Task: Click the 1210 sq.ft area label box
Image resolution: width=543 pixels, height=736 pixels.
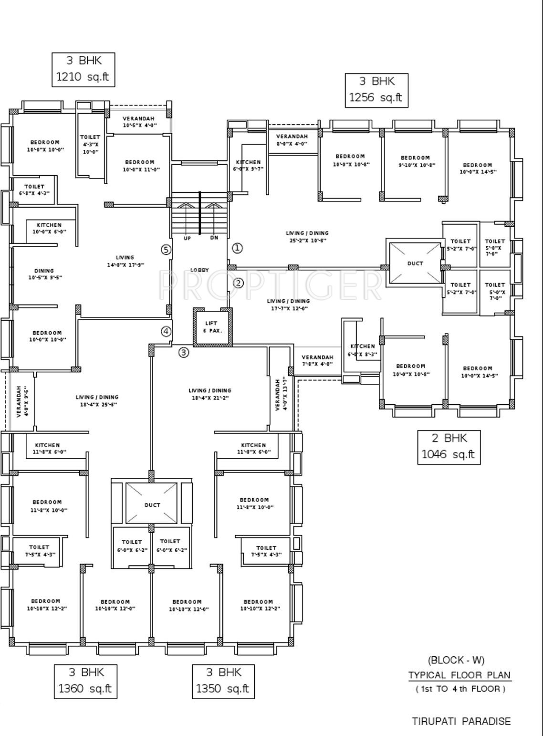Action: (84, 70)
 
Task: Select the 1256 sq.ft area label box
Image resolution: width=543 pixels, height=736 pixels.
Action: (376, 90)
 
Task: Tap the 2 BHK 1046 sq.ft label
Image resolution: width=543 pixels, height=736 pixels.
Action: (449, 447)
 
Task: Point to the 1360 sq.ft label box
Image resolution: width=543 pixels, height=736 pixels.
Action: (85, 681)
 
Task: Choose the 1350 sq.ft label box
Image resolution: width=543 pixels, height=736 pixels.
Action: (223, 681)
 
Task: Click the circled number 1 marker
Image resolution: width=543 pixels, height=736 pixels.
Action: (237, 248)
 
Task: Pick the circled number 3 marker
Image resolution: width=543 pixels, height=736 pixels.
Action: (184, 353)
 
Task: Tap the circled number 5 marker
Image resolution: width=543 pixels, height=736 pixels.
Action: (166, 250)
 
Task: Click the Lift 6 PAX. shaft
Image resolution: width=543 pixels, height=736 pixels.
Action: (212, 327)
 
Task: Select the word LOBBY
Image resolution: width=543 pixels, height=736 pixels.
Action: (199, 270)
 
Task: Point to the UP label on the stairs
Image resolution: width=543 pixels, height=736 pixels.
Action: (187, 238)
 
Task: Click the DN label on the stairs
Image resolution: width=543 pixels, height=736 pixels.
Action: (214, 238)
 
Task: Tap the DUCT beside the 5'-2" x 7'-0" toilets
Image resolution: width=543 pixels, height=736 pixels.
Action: (415, 263)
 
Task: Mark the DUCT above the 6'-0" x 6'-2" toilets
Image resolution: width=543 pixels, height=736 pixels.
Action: (152, 505)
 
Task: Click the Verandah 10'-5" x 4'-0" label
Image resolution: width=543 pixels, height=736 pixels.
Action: (138, 122)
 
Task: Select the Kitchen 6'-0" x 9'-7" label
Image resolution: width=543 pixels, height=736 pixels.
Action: (248, 165)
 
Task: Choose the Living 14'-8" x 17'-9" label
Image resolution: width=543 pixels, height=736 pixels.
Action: (125, 261)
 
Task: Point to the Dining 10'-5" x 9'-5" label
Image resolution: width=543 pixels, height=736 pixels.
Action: (44, 274)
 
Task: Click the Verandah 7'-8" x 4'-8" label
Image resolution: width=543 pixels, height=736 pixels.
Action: (317, 360)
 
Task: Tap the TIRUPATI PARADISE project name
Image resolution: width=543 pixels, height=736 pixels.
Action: (461, 721)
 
